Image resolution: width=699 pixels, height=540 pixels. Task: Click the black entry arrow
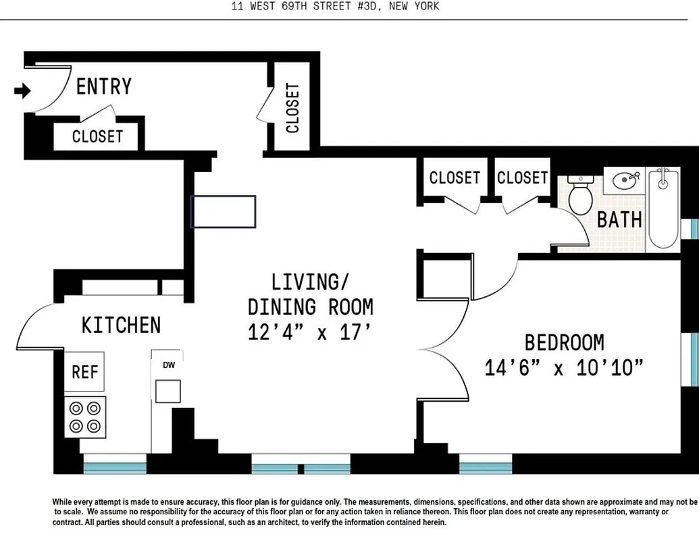23,90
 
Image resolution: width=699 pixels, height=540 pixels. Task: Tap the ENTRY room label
103,86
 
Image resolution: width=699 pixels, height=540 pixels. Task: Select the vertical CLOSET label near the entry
292,108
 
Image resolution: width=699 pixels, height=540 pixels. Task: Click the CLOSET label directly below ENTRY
98,136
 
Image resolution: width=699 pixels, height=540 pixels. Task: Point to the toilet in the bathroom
580,194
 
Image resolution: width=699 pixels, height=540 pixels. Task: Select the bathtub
663,209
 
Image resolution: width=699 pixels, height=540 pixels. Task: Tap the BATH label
619,219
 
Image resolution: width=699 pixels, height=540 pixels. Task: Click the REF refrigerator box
85,372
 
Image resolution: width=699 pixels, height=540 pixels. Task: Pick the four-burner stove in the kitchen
85,416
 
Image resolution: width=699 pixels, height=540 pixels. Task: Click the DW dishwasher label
168,365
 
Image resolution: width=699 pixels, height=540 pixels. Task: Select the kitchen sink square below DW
168,391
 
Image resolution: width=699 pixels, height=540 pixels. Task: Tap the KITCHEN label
121,325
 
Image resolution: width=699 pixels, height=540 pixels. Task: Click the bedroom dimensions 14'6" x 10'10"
563,368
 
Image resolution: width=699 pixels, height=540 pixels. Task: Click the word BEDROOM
564,342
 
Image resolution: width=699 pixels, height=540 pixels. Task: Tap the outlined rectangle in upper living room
224,211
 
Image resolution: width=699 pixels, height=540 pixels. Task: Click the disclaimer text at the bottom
371,512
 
